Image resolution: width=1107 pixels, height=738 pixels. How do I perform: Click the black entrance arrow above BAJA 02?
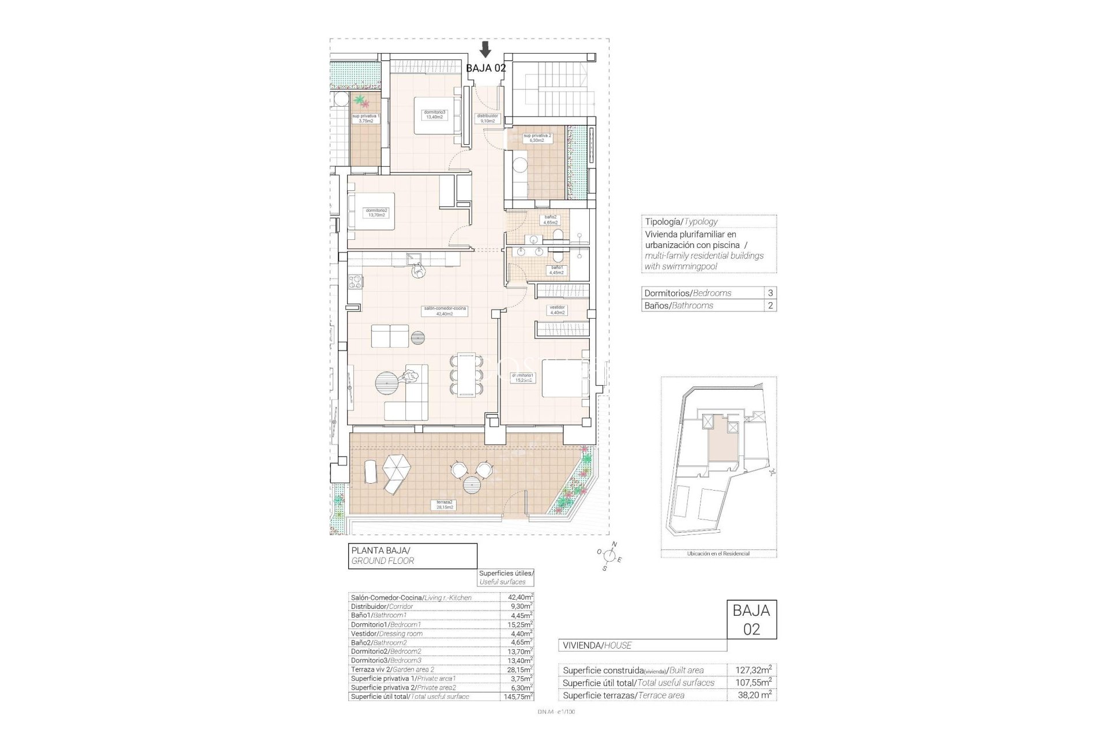point(485,49)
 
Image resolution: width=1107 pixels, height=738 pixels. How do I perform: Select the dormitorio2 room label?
point(376,213)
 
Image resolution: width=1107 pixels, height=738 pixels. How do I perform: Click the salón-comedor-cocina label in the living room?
point(445,311)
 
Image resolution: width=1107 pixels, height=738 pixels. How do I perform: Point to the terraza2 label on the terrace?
point(445,504)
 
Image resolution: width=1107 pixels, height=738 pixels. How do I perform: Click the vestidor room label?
point(557,310)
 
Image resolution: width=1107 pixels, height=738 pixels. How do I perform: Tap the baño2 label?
point(550,220)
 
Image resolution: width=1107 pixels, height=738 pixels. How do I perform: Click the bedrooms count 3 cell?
point(770,293)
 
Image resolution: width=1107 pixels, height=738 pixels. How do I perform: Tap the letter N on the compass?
point(614,544)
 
